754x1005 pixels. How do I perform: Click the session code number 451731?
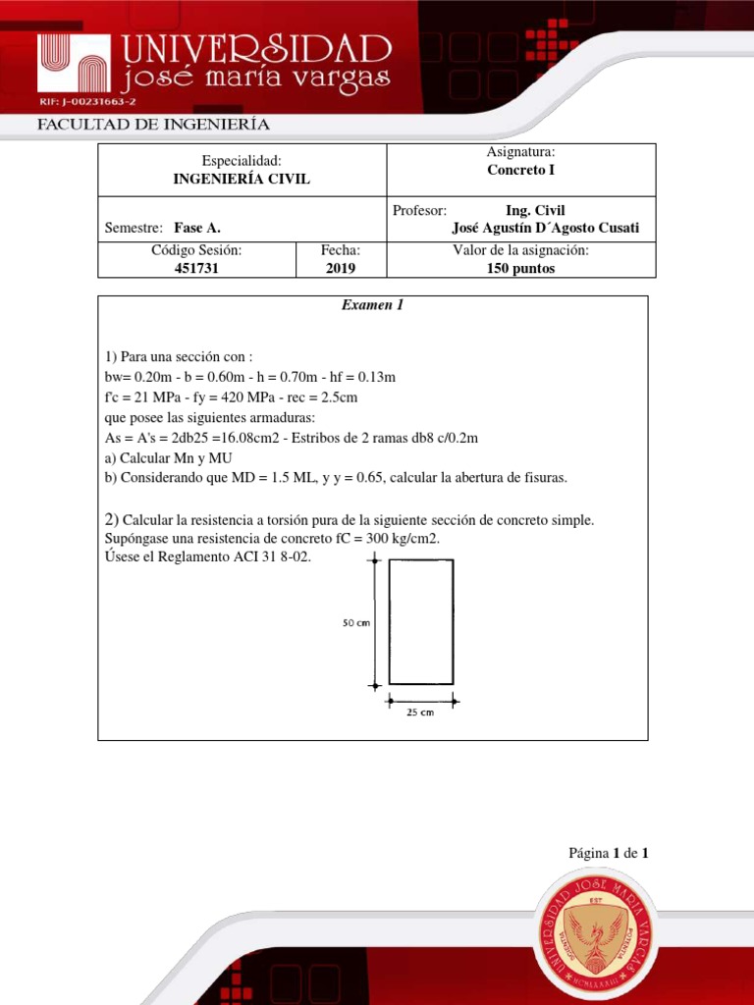[x=197, y=269]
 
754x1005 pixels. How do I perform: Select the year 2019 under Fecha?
[x=341, y=269]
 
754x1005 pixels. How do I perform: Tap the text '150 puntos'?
[x=520, y=269]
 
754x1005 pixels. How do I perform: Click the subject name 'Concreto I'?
[x=520, y=170]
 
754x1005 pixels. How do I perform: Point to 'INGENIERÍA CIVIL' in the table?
[x=241, y=179]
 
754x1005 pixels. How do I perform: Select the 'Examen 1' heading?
[x=372, y=305]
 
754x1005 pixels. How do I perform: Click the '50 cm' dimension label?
[x=355, y=622]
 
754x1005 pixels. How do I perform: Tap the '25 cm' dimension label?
[x=420, y=714]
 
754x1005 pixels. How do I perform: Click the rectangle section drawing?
[x=421, y=621]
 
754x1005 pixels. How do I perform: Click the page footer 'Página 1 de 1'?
[x=609, y=853]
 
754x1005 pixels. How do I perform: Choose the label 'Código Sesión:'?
[x=196, y=250]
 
